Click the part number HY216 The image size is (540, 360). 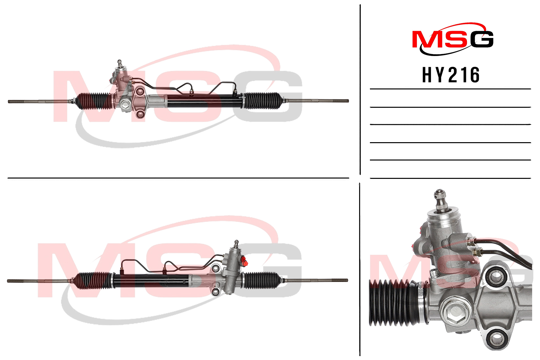451,75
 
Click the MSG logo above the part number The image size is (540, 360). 453,39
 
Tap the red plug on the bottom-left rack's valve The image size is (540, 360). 244,261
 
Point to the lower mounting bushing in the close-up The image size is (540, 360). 496,339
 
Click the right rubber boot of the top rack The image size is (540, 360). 263,101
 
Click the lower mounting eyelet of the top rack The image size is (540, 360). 140,114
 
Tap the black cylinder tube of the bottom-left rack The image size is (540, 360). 151,281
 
